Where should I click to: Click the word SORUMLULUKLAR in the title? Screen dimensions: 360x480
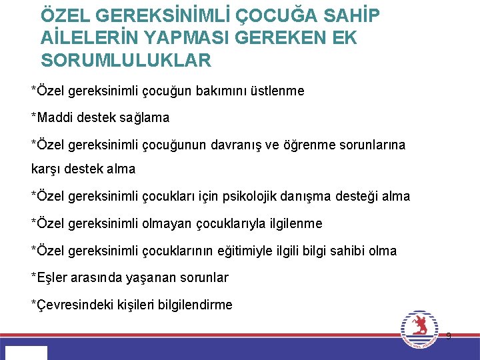126,61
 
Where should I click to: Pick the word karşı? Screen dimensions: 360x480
46,169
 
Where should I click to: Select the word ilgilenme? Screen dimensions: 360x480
293,223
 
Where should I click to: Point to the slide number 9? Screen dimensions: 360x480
448,336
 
